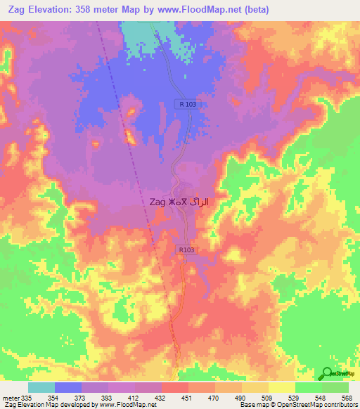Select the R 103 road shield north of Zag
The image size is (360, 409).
click(x=187, y=104)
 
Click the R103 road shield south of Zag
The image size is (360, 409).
click(x=186, y=249)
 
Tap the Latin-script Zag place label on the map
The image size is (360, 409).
click(x=157, y=202)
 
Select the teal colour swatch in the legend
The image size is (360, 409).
click(x=41, y=387)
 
